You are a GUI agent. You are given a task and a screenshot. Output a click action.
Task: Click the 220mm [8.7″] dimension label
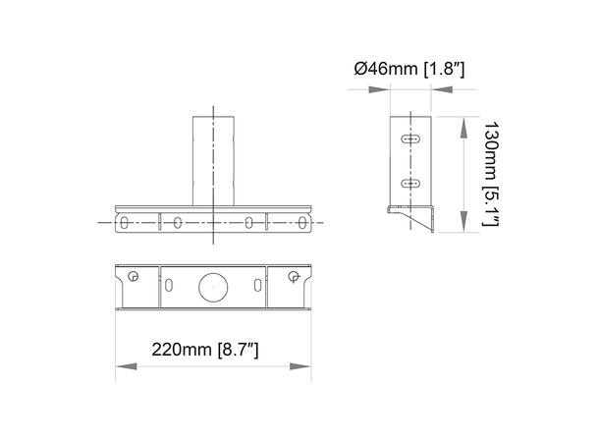tap(204, 349)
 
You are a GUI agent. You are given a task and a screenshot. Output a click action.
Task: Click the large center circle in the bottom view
tap(213, 287)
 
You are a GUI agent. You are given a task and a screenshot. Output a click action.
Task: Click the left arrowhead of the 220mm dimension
tap(123, 367)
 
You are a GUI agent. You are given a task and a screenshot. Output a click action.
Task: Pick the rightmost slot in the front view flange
tap(303, 223)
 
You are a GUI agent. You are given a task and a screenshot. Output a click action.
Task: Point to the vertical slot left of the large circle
tap(170, 286)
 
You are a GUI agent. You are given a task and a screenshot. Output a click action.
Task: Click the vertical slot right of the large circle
tap(257, 286)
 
